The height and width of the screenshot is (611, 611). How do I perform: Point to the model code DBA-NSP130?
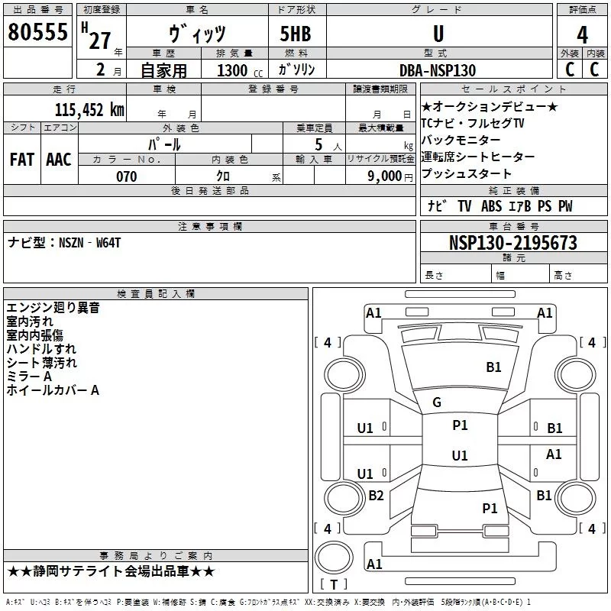point(438,70)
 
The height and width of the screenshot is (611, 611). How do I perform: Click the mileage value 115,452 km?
point(89,109)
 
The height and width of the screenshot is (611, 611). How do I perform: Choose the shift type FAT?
point(21,159)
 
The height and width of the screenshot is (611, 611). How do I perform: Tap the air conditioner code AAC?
point(59,159)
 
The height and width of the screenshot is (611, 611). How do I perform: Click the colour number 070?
point(126,176)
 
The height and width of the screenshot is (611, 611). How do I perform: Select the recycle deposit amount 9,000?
point(384,176)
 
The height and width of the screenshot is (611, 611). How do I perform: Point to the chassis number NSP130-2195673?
point(512,243)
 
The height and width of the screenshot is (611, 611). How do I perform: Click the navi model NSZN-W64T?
point(64,243)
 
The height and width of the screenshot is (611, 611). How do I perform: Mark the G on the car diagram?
point(437,402)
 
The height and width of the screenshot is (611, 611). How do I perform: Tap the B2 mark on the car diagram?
point(376,496)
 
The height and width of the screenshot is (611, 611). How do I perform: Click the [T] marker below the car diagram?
point(334,584)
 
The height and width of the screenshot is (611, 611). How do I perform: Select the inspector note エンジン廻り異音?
point(53,308)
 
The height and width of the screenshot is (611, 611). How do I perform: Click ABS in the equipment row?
point(492,206)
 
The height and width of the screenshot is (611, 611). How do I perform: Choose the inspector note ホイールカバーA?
point(53,390)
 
